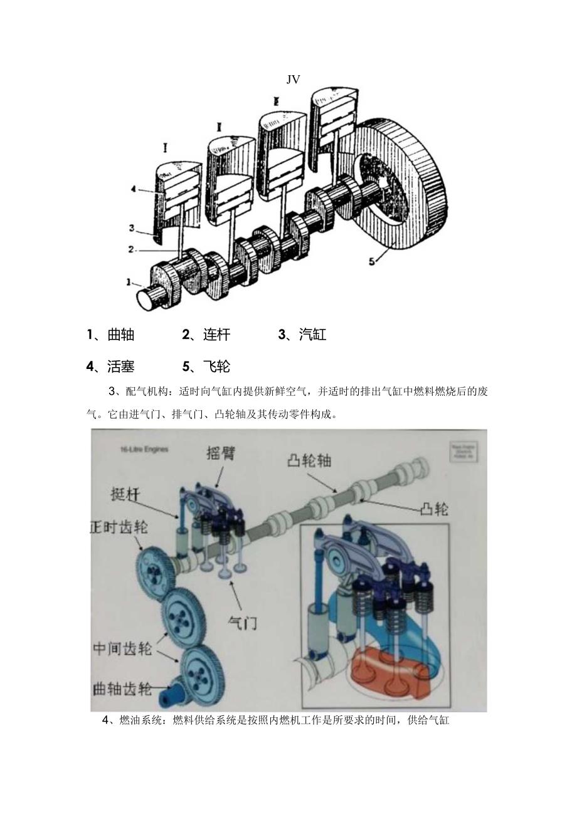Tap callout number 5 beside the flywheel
371,262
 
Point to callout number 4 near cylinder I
132,187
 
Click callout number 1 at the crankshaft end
129,283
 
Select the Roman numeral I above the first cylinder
165,148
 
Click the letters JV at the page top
293,79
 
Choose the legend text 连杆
216,335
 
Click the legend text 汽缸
312,335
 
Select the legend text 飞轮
216,366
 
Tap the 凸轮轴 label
309,460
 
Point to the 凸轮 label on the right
433,509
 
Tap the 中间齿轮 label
122,648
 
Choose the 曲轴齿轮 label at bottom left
122,689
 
